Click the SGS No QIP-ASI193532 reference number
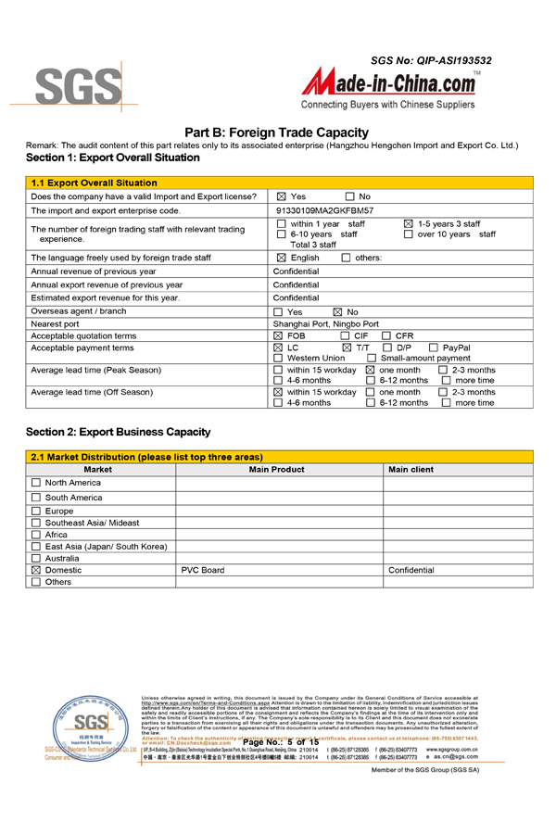[x=431, y=60]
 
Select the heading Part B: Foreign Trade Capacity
[x=277, y=133]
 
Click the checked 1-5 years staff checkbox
[x=409, y=224]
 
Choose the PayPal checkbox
[x=434, y=347]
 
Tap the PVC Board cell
[x=203, y=571]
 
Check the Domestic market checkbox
[x=36, y=571]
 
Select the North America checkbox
[x=36, y=483]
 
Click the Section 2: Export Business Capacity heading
[x=118, y=432]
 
